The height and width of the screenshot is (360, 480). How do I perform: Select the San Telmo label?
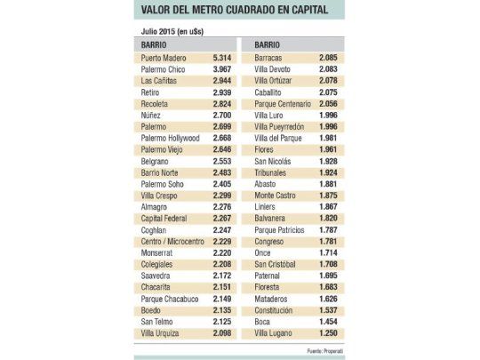[156, 321]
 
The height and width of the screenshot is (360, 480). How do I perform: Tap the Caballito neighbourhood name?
[269, 92]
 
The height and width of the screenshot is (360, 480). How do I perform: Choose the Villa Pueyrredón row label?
[281, 126]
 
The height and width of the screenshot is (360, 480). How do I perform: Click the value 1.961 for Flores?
[327, 148]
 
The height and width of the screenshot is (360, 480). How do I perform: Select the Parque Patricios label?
[279, 229]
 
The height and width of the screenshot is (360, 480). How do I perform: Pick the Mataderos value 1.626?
[327, 298]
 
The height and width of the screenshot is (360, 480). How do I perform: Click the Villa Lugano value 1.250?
[327, 332]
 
